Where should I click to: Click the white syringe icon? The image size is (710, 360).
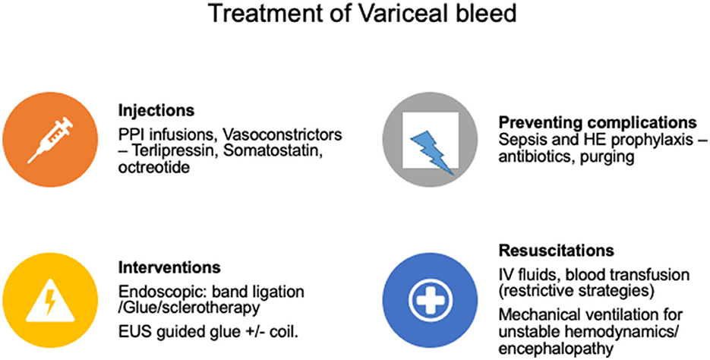50,140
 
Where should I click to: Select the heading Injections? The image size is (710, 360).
156,111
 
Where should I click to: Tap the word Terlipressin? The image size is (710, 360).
172,151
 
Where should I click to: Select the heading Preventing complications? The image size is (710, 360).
598,123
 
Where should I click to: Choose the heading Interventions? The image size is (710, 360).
169,267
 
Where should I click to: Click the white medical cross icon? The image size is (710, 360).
430,299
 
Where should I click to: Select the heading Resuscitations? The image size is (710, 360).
557,251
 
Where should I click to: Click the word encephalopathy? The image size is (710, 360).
557,349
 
